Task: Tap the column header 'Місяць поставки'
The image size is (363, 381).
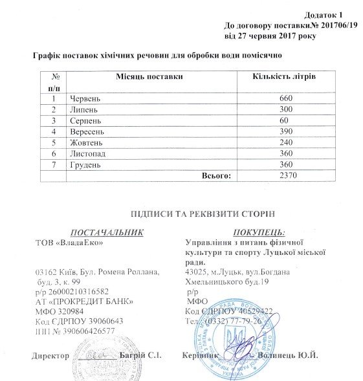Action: pos(145,77)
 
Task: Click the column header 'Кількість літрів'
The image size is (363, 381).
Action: pos(282,77)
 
